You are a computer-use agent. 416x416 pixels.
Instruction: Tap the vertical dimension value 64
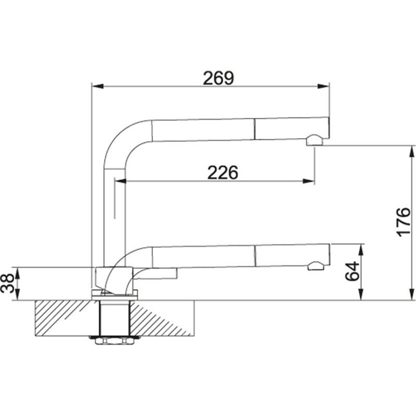(x=353, y=271)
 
